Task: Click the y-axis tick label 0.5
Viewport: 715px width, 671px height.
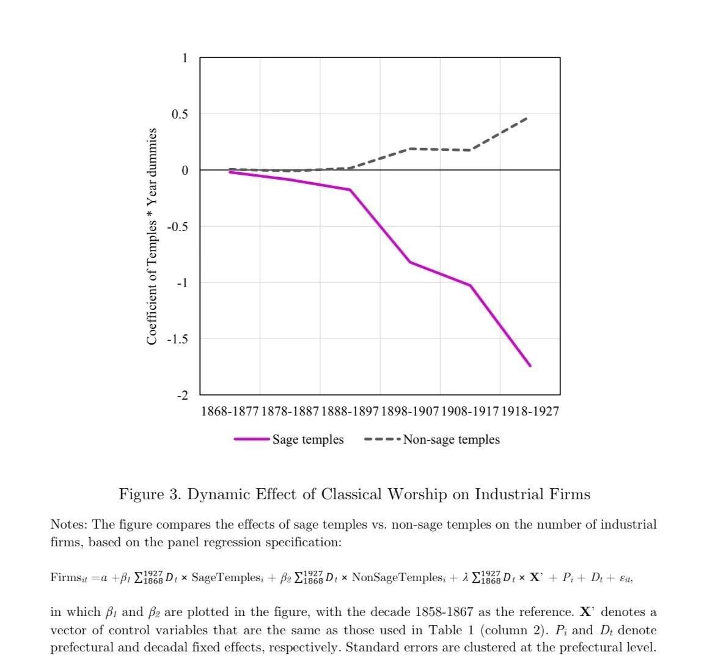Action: (180, 114)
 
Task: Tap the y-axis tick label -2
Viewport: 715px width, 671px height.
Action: (183, 395)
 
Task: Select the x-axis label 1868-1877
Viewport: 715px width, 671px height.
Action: (230, 411)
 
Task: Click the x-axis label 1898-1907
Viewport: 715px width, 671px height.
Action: (410, 411)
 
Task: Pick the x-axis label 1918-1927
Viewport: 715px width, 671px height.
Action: (530, 411)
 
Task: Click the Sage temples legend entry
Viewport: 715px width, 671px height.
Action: (307, 439)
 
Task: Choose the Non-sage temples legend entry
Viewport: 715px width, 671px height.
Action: (451, 439)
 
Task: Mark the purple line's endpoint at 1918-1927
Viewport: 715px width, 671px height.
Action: (530, 365)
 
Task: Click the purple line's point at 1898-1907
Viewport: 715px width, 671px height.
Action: (410, 262)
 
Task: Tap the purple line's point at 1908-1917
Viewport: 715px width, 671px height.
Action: (470, 285)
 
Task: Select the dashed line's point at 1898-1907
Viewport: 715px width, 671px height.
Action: (410, 148)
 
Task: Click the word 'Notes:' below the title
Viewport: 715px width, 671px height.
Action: (69, 524)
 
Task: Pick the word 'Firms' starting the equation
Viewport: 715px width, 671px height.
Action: (65, 577)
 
